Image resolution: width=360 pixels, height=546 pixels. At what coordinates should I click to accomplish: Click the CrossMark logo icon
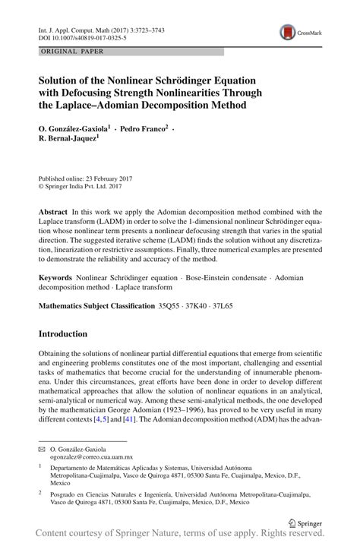coord(287,31)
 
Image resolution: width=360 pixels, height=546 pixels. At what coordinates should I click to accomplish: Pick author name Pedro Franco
coord(139,129)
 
